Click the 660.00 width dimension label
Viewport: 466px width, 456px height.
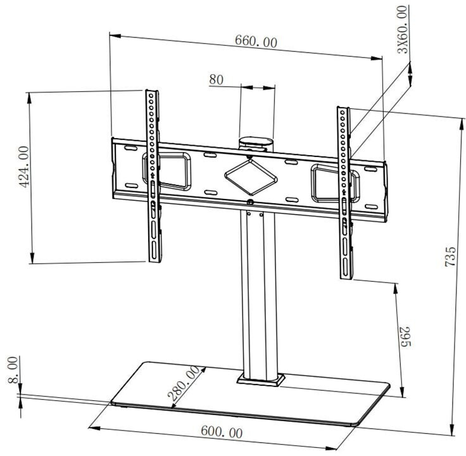pyautogui.click(x=256, y=42)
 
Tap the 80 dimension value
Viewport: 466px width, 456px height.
pyautogui.click(x=217, y=80)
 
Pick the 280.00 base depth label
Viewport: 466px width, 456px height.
pyautogui.click(x=184, y=383)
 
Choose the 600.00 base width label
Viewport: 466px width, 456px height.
pyautogui.click(x=222, y=433)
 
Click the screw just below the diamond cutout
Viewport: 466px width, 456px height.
pyautogui.click(x=251, y=203)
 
